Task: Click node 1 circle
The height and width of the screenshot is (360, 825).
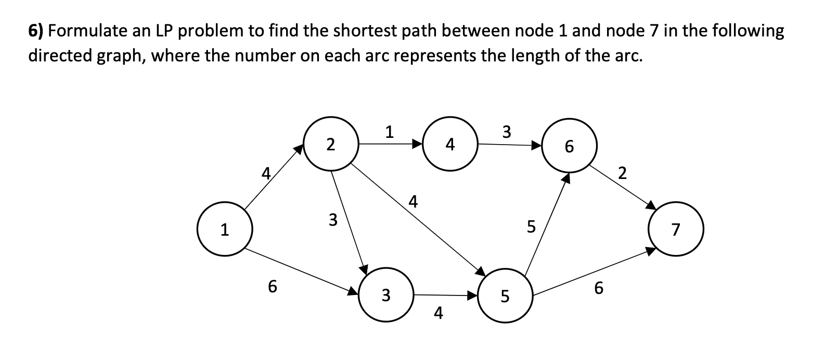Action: [225, 229]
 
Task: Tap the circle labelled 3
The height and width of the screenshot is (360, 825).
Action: [385, 295]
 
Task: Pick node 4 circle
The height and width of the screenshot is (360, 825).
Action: [450, 144]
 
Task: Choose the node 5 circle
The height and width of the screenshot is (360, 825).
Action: [504, 295]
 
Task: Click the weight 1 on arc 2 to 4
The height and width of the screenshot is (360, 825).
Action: [390, 132]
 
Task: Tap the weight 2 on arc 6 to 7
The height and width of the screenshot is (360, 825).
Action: [623, 172]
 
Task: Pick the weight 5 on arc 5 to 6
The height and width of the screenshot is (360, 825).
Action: [531, 226]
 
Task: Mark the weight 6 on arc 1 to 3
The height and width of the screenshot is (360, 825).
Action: [272, 286]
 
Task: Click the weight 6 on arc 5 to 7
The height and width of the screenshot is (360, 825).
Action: [599, 288]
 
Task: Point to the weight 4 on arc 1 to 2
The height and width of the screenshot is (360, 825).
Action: [266, 172]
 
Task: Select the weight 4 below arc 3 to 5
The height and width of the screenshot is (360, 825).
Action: [439, 313]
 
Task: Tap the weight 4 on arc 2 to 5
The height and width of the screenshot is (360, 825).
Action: [414, 200]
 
